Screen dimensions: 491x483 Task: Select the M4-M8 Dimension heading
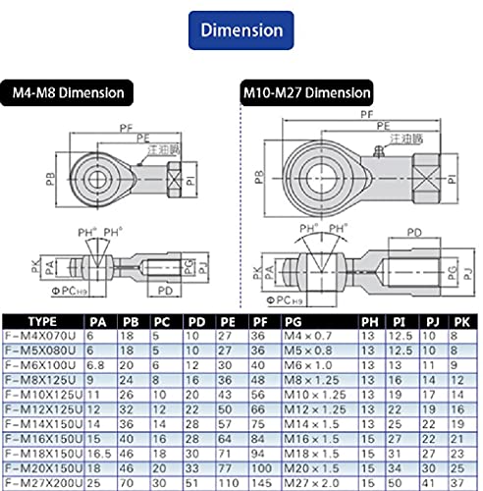pyautogui.click(x=69, y=93)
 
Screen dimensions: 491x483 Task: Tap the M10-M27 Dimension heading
pyautogui.click(x=305, y=93)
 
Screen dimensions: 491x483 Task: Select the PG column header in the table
pyautogui.click(x=293, y=320)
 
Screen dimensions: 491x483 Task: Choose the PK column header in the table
pyautogui.click(x=458, y=320)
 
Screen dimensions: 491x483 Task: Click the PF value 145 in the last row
pyautogui.click(x=261, y=484)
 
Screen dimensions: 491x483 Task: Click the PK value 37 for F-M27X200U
pyautogui.click(x=457, y=484)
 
